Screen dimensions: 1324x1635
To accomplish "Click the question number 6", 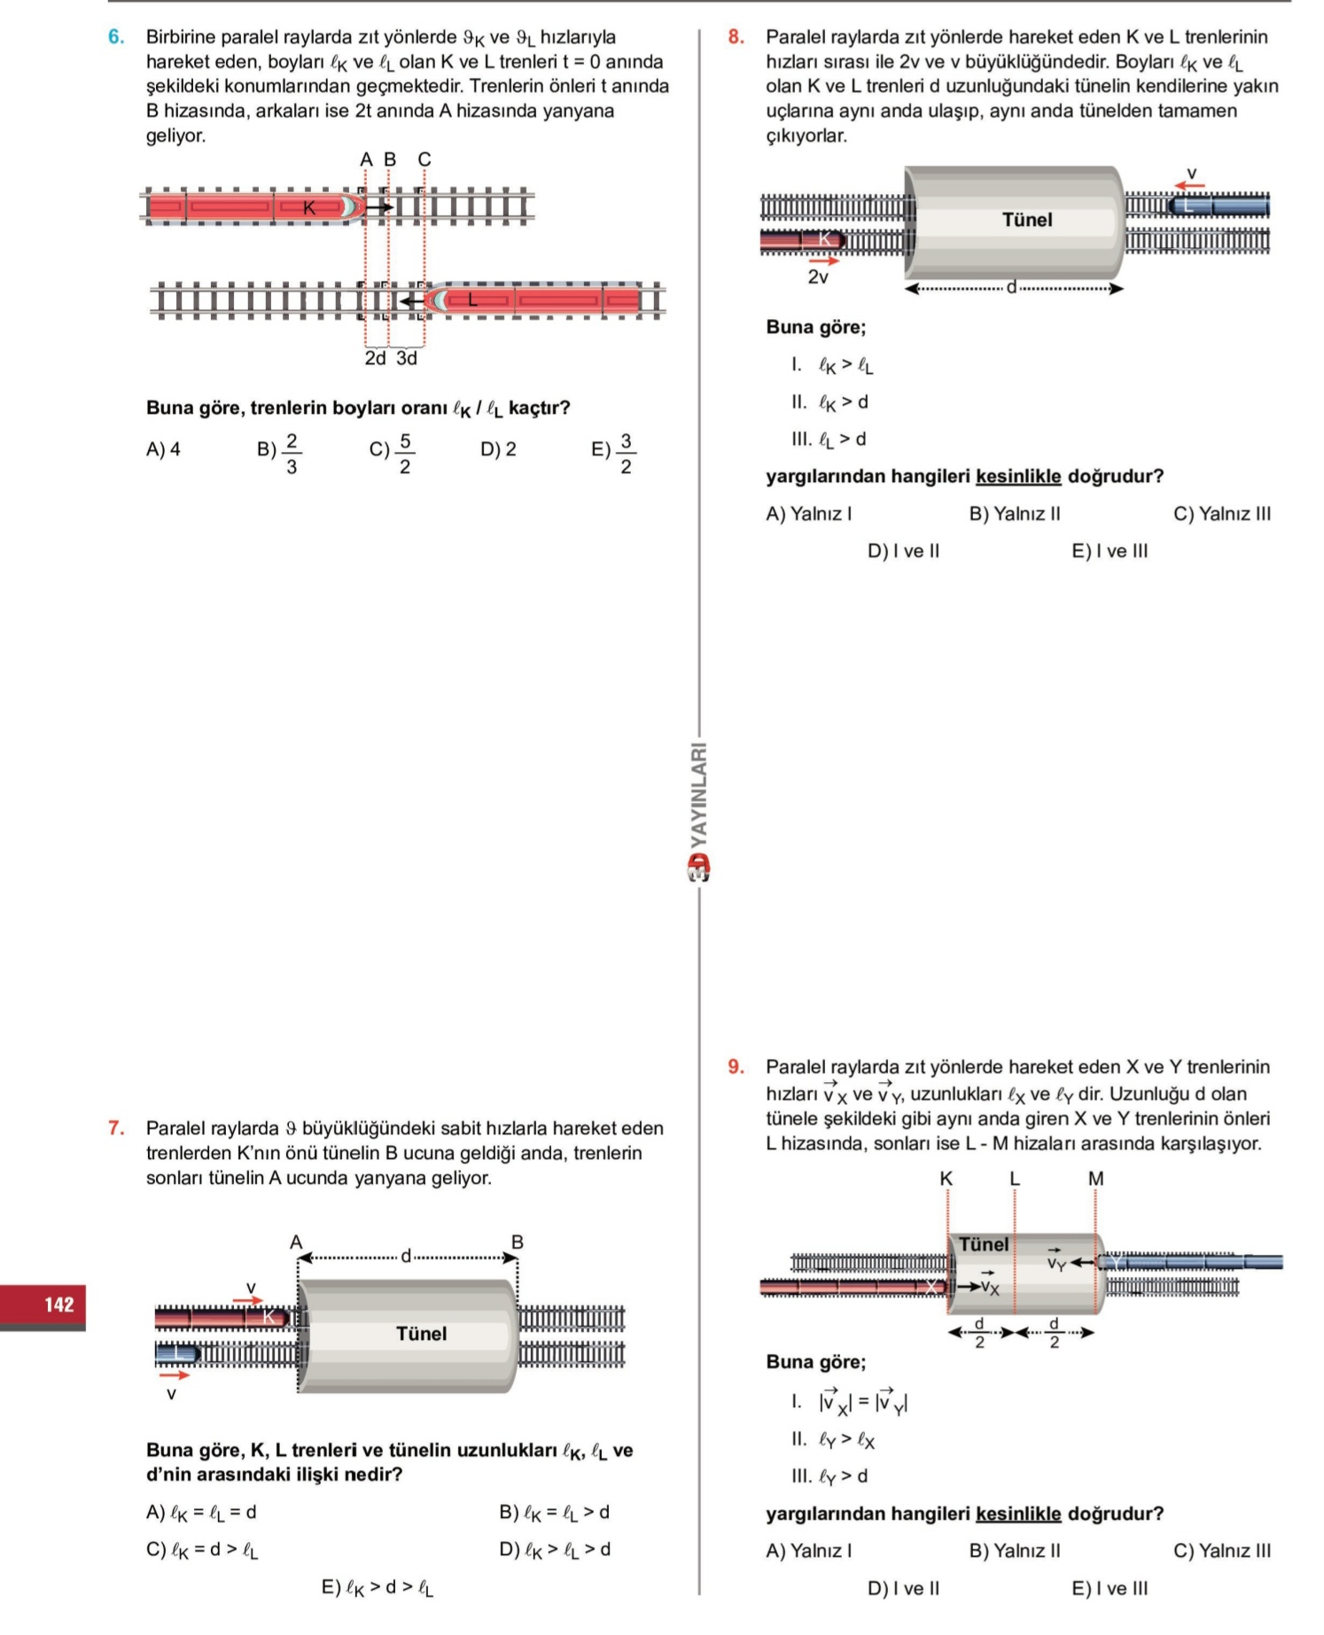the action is [115, 37].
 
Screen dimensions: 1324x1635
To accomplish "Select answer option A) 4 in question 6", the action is [163, 449].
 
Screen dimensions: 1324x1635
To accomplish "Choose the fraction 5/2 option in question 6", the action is [393, 453].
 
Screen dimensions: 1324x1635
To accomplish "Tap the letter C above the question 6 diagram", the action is [424, 160].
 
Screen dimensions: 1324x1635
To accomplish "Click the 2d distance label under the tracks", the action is [376, 358].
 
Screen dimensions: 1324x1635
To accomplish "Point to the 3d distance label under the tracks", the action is [407, 358].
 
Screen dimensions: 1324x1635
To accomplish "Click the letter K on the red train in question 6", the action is [309, 208].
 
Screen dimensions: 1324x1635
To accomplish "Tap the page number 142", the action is [59, 1304].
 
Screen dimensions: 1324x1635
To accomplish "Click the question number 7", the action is [116, 1128].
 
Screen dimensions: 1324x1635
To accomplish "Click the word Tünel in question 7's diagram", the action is [422, 1334].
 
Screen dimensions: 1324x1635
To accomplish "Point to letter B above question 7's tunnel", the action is [518, 1242].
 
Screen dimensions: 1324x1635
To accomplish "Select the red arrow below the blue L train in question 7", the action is [174, 1375].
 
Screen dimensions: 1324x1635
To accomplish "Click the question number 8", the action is [736, 37].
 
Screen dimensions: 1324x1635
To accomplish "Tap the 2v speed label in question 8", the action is [818, 277].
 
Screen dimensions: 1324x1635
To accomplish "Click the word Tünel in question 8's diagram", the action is [1027, 220].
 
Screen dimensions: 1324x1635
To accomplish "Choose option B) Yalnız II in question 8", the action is [1015, 514].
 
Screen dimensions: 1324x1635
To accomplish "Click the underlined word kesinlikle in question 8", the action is [1018, 477].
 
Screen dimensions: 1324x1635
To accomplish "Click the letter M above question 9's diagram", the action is [1096, 1179].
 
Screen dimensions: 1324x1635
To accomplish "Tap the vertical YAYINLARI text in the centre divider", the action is [699, 794].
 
